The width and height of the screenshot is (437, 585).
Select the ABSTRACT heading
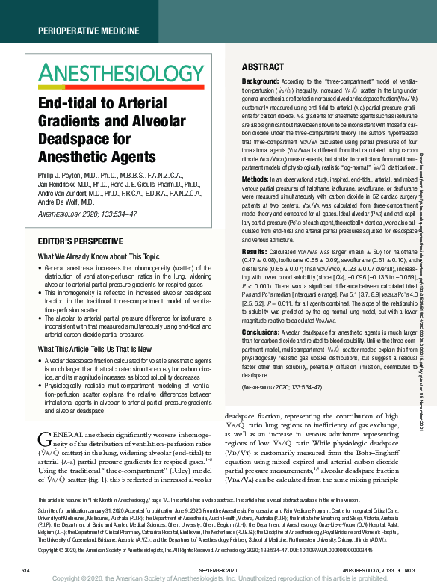[261, 66]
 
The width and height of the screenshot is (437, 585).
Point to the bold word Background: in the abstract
[261, 80]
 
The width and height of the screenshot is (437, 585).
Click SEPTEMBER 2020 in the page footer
[218, 570]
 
